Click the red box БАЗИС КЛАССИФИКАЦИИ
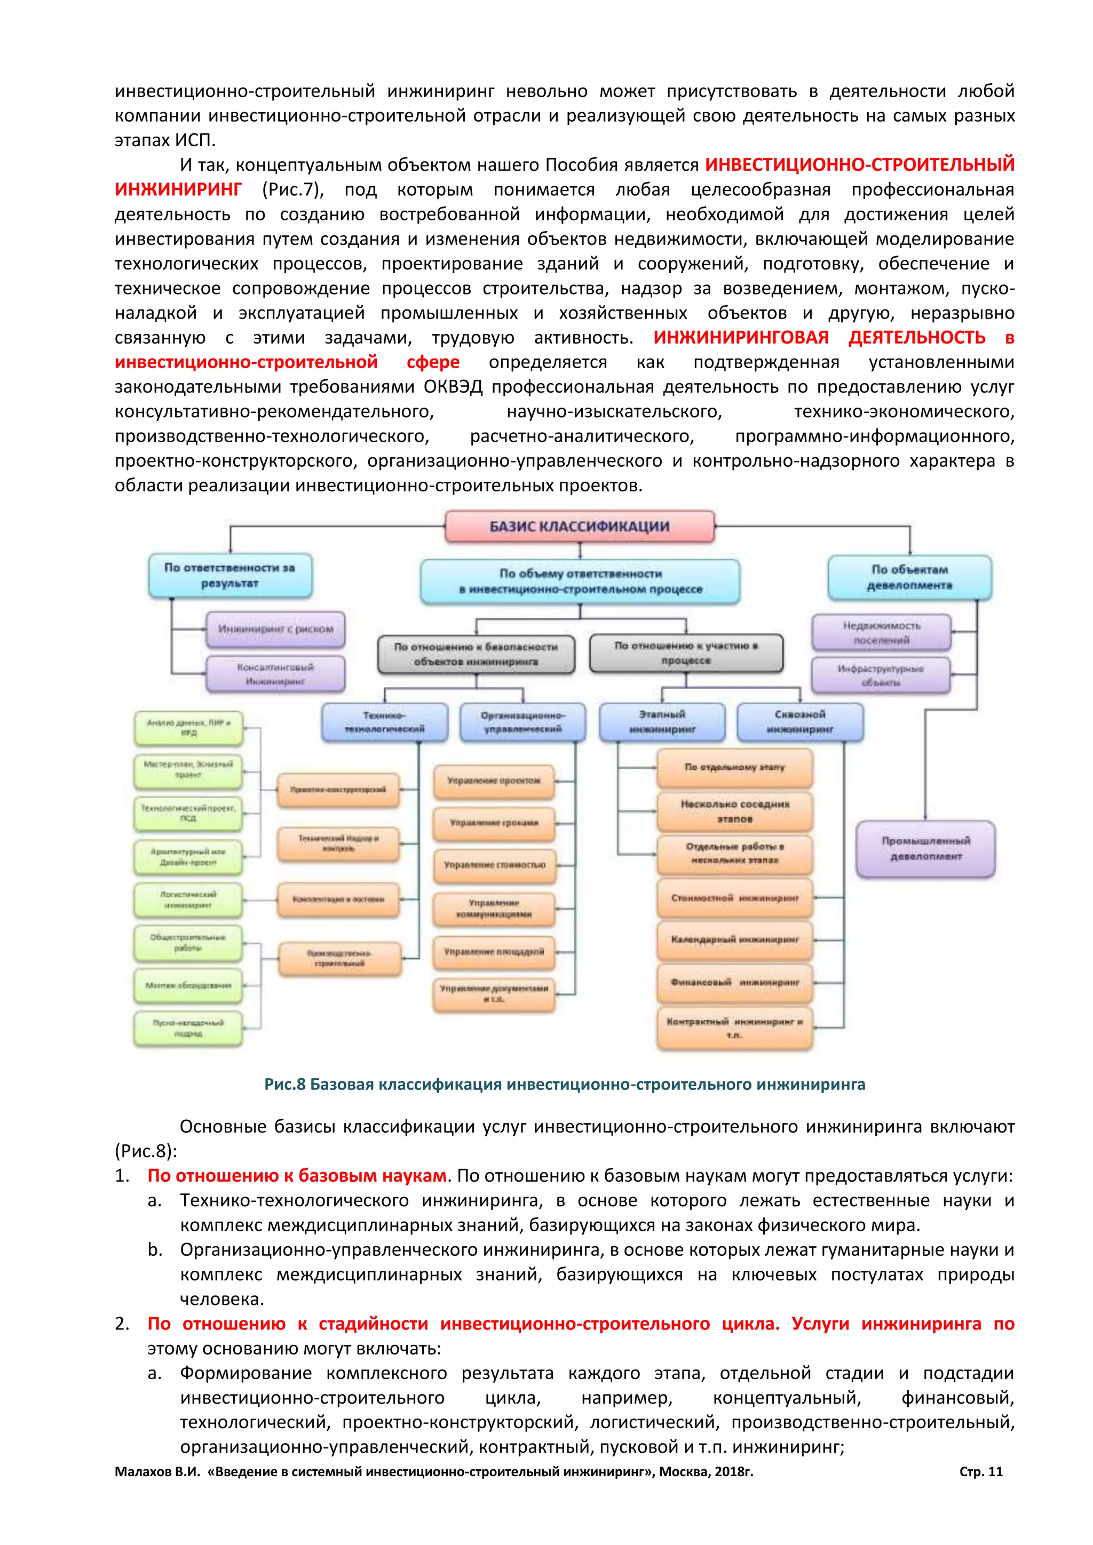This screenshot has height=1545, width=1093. click(x=579, y=526)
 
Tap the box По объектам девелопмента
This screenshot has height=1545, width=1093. click(x=909, y=577)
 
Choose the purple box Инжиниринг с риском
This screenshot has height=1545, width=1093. click(x=275, y=629)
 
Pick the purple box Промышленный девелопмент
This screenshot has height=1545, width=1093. click(x=925, y=849)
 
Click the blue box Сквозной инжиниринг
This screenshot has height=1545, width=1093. click(x=799, y=721)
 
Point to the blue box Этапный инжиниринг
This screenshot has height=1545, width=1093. click(x=662, y=721)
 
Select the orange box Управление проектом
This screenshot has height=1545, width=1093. click(x=494, y=781)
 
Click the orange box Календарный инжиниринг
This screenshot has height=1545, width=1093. click(x=734, y=939)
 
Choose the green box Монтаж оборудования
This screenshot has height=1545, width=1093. click(x=188, y=985)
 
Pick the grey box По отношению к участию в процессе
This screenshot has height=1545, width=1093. click(x=686, y=652)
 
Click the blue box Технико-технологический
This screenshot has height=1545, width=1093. click(x=384, y=722)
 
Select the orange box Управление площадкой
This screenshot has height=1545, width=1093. click(x=494, y=952)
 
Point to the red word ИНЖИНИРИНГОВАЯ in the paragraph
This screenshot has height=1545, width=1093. click(x=740, y=337)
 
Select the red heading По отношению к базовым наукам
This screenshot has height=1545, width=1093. click(x=297, y=1176)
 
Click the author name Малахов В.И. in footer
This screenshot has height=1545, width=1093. click(x=157, y=1472)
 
